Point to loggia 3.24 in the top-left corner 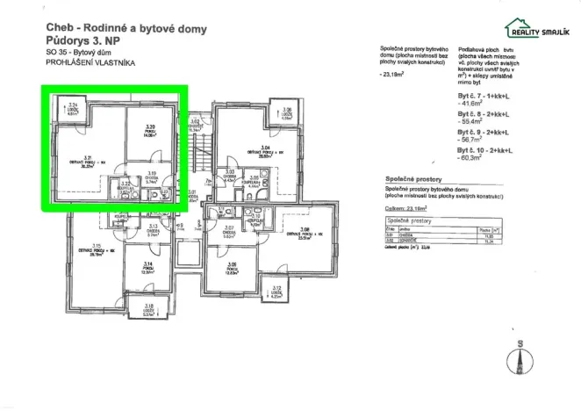click(x=74, y=109)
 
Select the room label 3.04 click(x=263, y=149)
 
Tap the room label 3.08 click(x=305, y=232)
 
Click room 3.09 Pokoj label click(x=232, y=267)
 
